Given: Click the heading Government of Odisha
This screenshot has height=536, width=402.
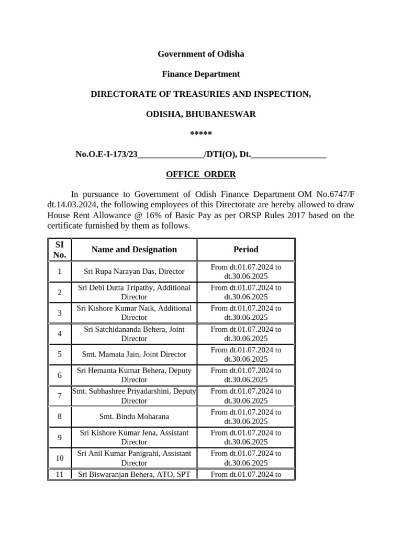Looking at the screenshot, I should click(x=201, y=54).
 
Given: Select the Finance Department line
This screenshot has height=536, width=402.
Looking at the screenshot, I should click(x=201, y=74).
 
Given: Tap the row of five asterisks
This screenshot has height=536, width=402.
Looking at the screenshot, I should click(x=201, y=134).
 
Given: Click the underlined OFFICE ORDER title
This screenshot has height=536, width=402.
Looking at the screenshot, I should click(x=201, y=174).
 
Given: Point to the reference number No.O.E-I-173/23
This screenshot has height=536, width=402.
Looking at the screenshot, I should click(x=107, y=154).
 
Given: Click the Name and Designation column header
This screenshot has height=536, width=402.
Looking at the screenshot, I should click(x=134, y=250).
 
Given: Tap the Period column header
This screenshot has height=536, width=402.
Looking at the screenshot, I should click(x=245, y=250).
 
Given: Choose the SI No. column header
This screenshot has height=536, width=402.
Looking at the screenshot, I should click(x=60, y=250).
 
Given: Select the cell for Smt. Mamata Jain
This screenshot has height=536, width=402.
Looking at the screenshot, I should click(x=134, y=354).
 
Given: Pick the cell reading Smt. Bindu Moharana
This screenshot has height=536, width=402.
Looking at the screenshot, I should click(x=134, y=417).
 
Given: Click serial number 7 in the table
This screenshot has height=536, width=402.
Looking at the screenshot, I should click(x=60, y=396).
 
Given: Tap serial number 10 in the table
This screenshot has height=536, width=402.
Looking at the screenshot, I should click(x=60, y=458).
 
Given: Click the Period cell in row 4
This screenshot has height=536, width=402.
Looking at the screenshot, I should click(x=245, y=334).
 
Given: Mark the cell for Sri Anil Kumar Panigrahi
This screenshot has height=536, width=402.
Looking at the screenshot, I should click(x=134, y=458).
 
